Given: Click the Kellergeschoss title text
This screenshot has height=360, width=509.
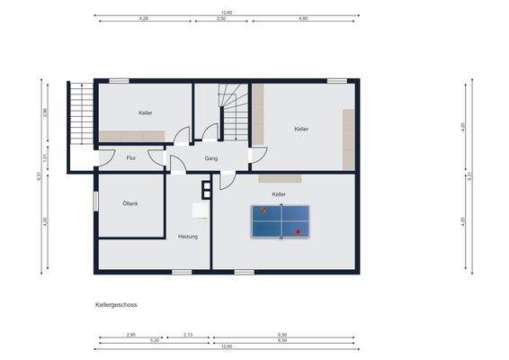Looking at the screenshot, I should (116, 305).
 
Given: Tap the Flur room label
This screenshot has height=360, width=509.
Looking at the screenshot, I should (131, 157).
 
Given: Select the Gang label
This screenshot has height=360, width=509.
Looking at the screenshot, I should (211, 157).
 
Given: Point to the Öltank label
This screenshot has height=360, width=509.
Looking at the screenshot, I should (130, 203).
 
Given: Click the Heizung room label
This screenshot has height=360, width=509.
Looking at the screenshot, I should (187, 236).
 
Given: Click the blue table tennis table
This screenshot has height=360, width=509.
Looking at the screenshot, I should (280, 220).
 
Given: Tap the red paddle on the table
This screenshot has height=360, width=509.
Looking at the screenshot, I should (298, 231).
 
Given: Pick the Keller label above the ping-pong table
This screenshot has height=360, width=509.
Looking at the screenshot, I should (280, 193).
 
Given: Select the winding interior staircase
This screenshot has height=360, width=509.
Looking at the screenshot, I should (236, 112).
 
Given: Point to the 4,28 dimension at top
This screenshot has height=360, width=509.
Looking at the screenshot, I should (144, 18).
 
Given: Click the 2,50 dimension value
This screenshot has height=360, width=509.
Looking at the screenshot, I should (221, 18).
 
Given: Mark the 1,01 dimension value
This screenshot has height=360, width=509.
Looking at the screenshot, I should (45, 157).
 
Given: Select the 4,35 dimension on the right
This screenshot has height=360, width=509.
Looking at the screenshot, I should (463, 221).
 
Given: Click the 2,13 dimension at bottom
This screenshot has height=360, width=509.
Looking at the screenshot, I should (187, 335).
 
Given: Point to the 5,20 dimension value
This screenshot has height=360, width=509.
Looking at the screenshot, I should (155, 340).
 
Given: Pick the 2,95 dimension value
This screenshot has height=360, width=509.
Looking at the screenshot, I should (130, 335).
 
